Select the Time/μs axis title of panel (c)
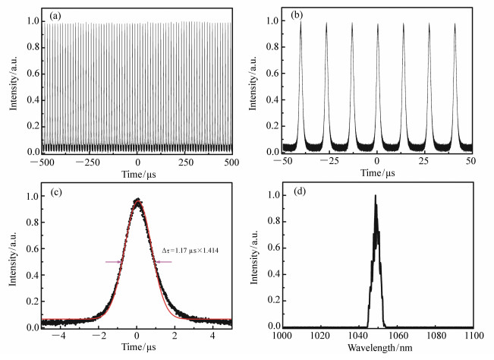click(137, 348)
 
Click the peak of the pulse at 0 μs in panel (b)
click(378, 22)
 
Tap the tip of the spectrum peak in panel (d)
click(375, 195)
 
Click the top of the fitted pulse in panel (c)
click(137, 201)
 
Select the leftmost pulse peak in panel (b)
click(300, 22)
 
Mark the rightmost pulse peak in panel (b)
click(455, 22)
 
